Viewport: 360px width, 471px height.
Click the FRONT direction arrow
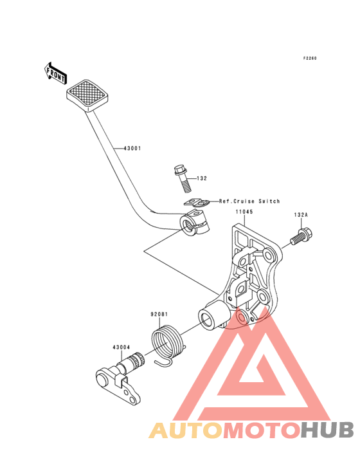(x=55, y=73)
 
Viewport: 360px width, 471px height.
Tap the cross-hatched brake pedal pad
(x=87, y=95)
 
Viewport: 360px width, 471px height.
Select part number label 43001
(x=132, y=148)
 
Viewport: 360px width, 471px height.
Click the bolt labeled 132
(x=182, y=178)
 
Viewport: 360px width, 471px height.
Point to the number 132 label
(x=202, y=178)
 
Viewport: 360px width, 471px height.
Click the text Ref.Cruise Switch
(x=249, y=201)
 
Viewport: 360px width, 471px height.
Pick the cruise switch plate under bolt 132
(x=197, y=203)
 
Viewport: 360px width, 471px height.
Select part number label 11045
(x=244, y=212)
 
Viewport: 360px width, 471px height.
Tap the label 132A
(x=301, y=215)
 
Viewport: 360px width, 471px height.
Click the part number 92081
(x=159, y=314)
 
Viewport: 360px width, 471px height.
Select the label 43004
(x=122, y=347)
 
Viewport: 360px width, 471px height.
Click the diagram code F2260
(x=310, y=59)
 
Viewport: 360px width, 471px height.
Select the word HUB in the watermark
(x=328, y=430)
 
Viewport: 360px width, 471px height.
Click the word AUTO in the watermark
(x=186, y=430)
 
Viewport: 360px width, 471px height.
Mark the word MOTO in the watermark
(x=262, y=430)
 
